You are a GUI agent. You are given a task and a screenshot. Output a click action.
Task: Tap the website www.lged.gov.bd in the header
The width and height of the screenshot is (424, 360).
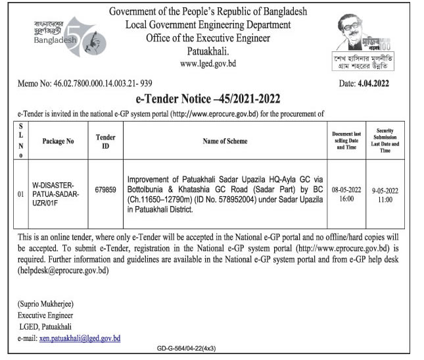point(208,64)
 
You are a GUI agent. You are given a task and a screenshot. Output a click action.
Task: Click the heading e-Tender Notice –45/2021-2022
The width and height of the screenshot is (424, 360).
point(208,99)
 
